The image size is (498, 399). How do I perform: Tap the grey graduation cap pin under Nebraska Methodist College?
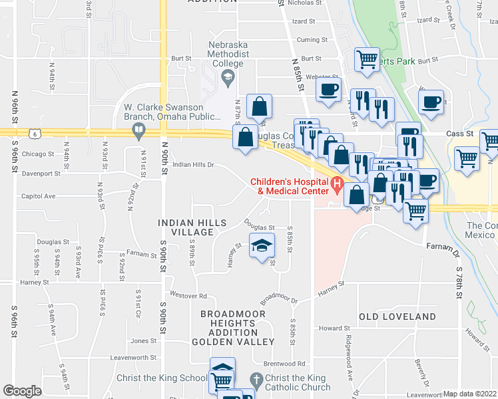(x=228, y=80)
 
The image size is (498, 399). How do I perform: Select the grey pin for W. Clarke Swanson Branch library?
(x=139, y=130)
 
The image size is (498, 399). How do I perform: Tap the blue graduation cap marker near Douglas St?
(x=262, y=245)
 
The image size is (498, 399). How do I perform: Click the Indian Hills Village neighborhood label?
(x=192, y=227)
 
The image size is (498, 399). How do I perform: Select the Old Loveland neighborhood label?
(x=397, y=317)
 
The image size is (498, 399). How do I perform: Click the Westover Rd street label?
(x=189, y=295)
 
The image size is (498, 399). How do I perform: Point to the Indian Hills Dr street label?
(x=194, y=164)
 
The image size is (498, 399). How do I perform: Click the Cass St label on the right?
(x=459, y=133)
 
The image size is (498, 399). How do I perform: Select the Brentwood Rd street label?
(x=284, y=364)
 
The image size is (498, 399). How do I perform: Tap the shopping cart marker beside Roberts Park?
(x=367, y=59)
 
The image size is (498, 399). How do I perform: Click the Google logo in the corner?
(x=22, y=391)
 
